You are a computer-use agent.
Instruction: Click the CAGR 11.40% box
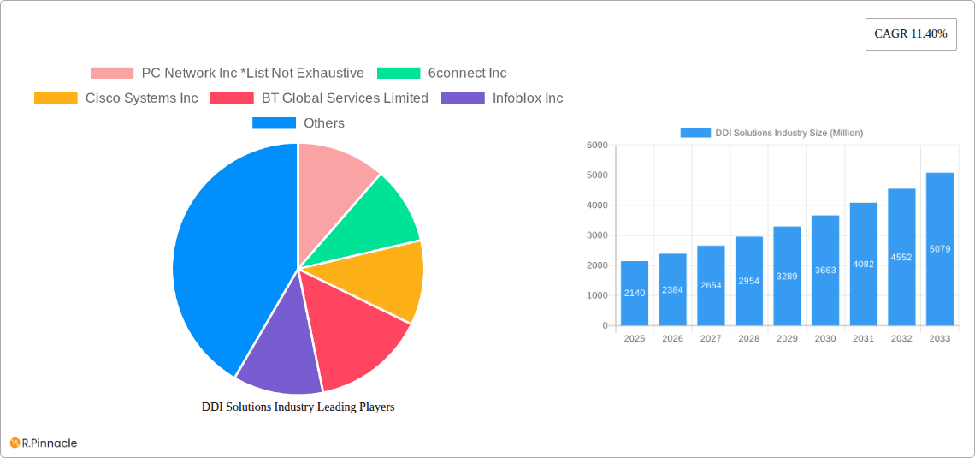tap(911, 34)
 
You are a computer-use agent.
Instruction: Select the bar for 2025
tap(635, 294)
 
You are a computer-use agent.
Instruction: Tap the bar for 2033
tap(939, 249)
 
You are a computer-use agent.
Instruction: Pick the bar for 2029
tap(787, 276)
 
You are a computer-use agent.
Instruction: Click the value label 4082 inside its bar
tap(863, 265)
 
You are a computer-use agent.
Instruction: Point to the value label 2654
tap(711, 286)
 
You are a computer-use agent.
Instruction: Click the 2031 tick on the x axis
tap(863, 339)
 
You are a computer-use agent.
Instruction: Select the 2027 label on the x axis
tap(711, 339)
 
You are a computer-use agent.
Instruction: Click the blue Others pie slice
tap(222, 257)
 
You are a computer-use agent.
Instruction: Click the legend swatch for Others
tap(274, 123)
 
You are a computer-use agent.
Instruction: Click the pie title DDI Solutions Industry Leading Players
tap(298, 407)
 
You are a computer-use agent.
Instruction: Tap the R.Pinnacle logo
tap(44, 443)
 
